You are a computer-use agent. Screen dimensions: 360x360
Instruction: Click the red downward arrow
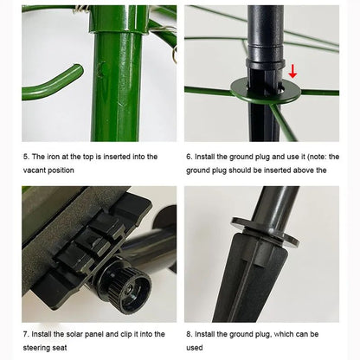pos(292,72)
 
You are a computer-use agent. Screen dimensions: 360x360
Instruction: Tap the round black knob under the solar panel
pos(125,289)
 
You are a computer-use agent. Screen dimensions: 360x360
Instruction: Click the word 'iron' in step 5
pos(53,157)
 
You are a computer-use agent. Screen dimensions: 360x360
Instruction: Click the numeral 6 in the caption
pos(189,157)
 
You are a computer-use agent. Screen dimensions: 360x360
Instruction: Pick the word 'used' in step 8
pos(195,348)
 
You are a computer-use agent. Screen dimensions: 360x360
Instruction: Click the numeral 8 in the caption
pos(189,334)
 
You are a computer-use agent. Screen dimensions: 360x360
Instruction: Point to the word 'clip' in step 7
pos(126,334)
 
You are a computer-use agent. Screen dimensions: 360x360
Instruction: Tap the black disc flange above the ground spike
pos(265,230)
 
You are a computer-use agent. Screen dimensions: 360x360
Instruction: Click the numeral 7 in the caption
pos(26,334)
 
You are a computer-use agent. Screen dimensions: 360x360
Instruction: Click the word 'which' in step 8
pos(286,334)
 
